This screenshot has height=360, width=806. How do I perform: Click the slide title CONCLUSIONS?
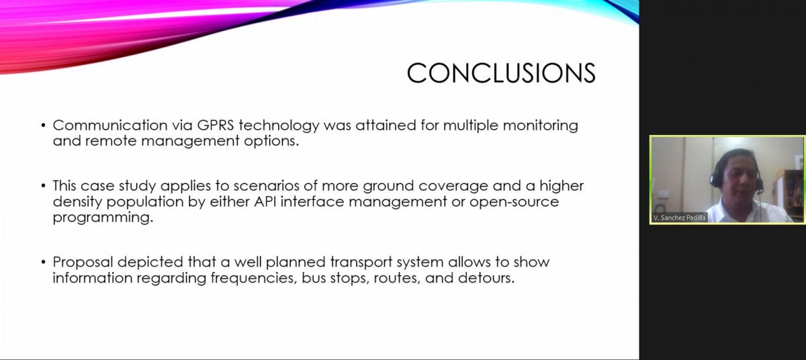point(501,73)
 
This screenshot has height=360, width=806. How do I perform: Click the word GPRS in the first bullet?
point(216,125)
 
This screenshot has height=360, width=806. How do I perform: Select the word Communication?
point(110,125)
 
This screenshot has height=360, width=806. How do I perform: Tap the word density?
point(77,202)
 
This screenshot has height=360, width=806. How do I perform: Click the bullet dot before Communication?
point(44,126)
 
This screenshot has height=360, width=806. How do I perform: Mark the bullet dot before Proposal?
point(44,262)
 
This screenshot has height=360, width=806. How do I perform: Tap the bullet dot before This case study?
point(44,186)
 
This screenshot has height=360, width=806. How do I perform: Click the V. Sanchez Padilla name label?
point(679,218)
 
